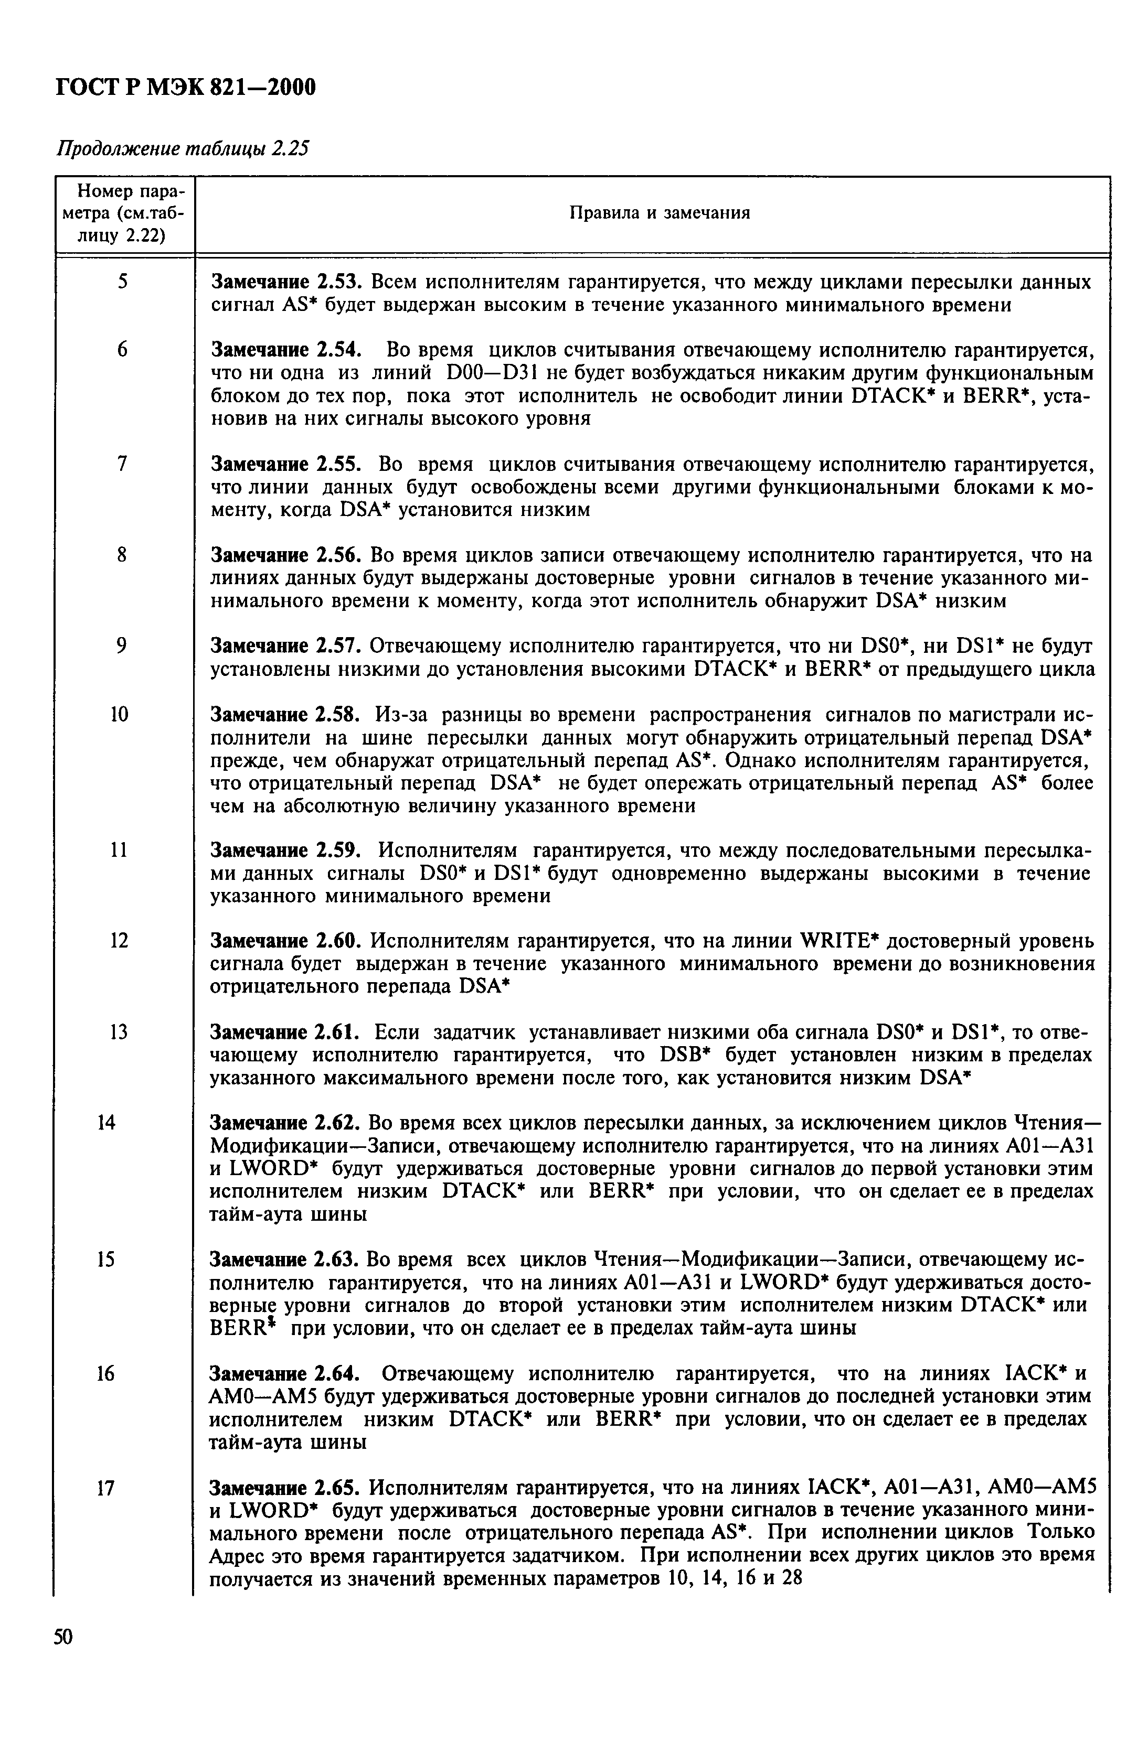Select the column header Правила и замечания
coord(658,213)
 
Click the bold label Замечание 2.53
coord(285,283)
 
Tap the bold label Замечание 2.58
coord(285,715)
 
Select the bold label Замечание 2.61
coord(285,1032)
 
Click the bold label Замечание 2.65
coord(285,1488)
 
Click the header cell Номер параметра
coord(124,213)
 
